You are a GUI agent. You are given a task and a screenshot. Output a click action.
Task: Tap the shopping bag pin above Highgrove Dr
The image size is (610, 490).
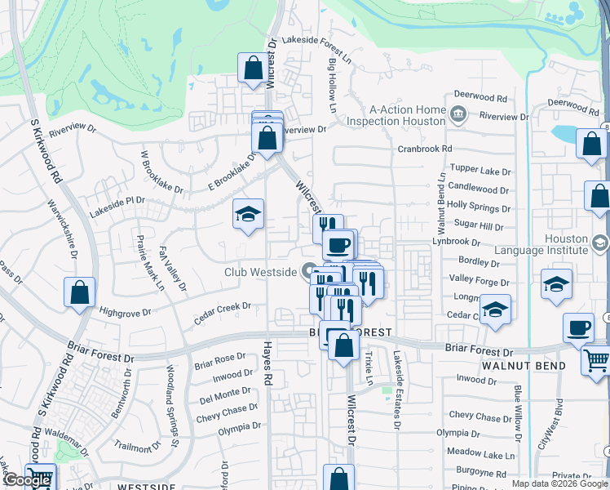(x=79, y=293)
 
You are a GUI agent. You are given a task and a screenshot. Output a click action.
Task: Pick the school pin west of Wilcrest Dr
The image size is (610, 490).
(x=249, y=215)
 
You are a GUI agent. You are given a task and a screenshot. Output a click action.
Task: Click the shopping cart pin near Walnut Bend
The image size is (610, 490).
(x=596, y=360)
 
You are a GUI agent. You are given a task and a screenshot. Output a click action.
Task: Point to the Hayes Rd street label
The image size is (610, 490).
(x=266, y=364)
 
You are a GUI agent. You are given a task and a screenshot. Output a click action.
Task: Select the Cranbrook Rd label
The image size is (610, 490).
(x=424, y=149)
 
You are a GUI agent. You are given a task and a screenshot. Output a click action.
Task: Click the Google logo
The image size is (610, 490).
(x=27, y=480)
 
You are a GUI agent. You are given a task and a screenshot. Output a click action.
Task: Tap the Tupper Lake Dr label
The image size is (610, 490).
(x=480, y=172)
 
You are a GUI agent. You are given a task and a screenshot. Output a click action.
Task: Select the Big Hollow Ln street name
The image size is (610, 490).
(x=333, y=85)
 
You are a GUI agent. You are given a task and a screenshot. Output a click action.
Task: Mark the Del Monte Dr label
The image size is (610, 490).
(x=225, y=397)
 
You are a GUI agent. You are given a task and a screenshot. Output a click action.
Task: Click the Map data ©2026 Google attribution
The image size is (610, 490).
(x=559, y=483)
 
